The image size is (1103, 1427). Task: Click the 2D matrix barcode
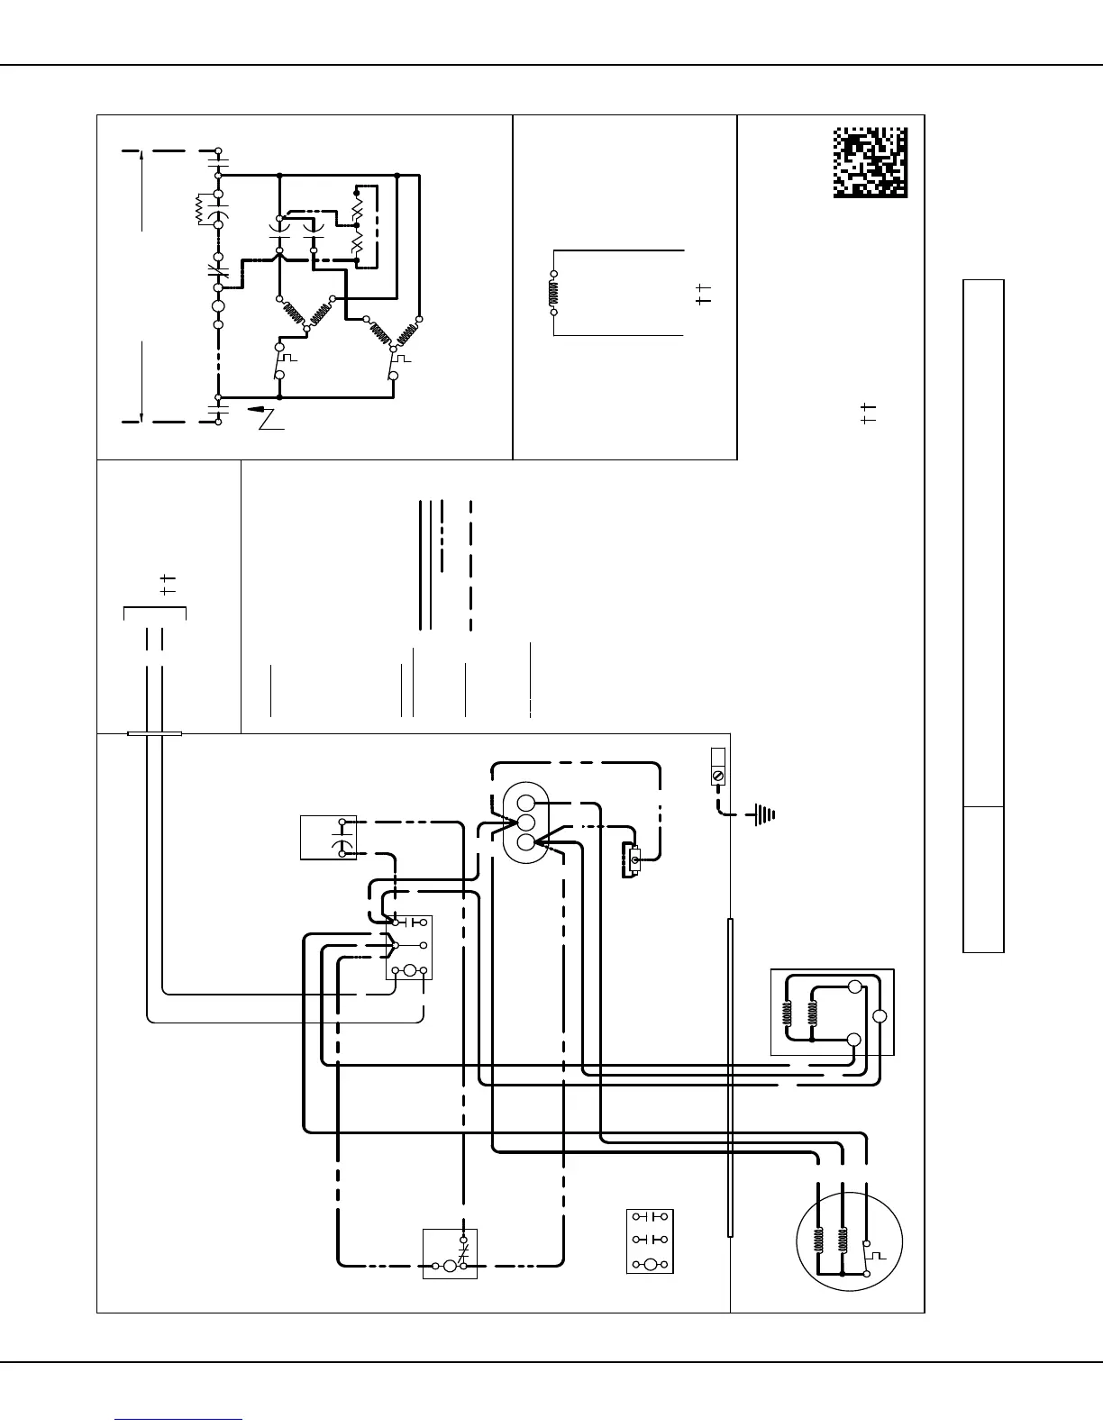[870, 163]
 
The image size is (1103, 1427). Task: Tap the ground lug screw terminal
[718, 775]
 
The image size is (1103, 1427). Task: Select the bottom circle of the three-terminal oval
[527, 843]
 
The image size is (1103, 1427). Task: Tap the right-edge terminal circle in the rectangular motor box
[880, 1016]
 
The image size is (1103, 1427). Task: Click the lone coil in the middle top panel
[553, 293]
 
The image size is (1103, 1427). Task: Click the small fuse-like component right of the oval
[634, 861]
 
